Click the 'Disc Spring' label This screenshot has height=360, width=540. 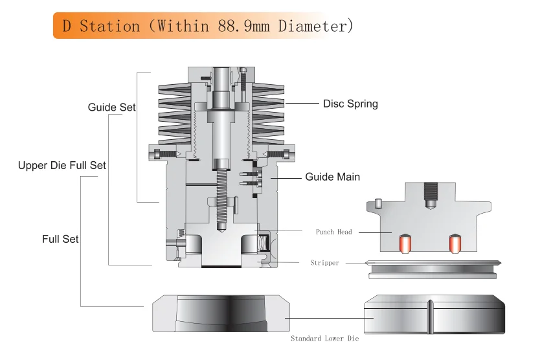tap(350, 104)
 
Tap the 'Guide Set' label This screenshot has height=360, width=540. tap(111, 107)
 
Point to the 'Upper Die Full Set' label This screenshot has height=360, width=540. tap(62, 166)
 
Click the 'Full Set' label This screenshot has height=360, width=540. tap(60, 239)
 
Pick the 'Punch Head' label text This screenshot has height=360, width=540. tap(334, 232)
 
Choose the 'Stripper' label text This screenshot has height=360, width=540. tap(325, 264)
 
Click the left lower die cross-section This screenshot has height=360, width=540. tap(221, 314)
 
